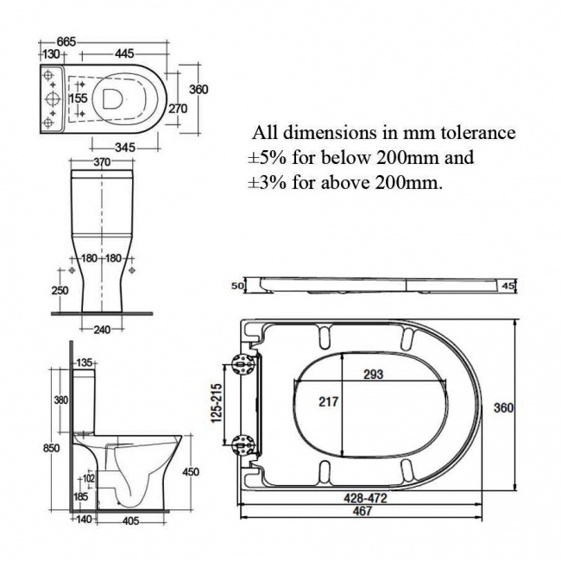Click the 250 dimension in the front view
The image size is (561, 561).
(x=60, y=291)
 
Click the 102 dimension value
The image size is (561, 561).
(x=88, y=477)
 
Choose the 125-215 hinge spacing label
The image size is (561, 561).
(x=217, y=404)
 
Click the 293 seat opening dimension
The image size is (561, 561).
(x=372, y=375)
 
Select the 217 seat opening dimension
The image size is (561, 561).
(x=329, y=401)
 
